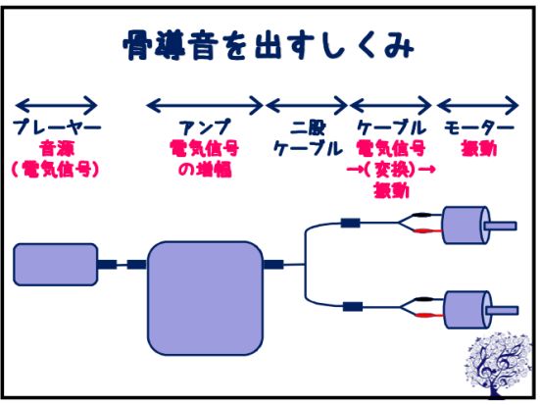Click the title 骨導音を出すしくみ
(x=269, y=45)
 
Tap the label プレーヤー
(x=57, y=127)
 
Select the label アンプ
(x=205, y=127)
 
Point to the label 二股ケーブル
(x=308, y=138)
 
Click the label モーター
(x=479, y=127)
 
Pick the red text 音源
(x=57, y=148)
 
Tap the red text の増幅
(x=205, y=170)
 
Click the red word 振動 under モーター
(x=479, y=149)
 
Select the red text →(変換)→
(x=391, y=170)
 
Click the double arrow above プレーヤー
(x=57, y=105)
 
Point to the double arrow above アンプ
(x=205, y=105)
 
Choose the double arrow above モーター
(x=478, y=105)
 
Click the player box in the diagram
(x=56, y=265)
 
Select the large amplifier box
(x=205, y=298)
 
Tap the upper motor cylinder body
(x=465, y=226)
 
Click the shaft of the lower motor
(x=502, y=310)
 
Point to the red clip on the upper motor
(x=427, y=230)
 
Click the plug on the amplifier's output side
(x=273, y=265)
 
